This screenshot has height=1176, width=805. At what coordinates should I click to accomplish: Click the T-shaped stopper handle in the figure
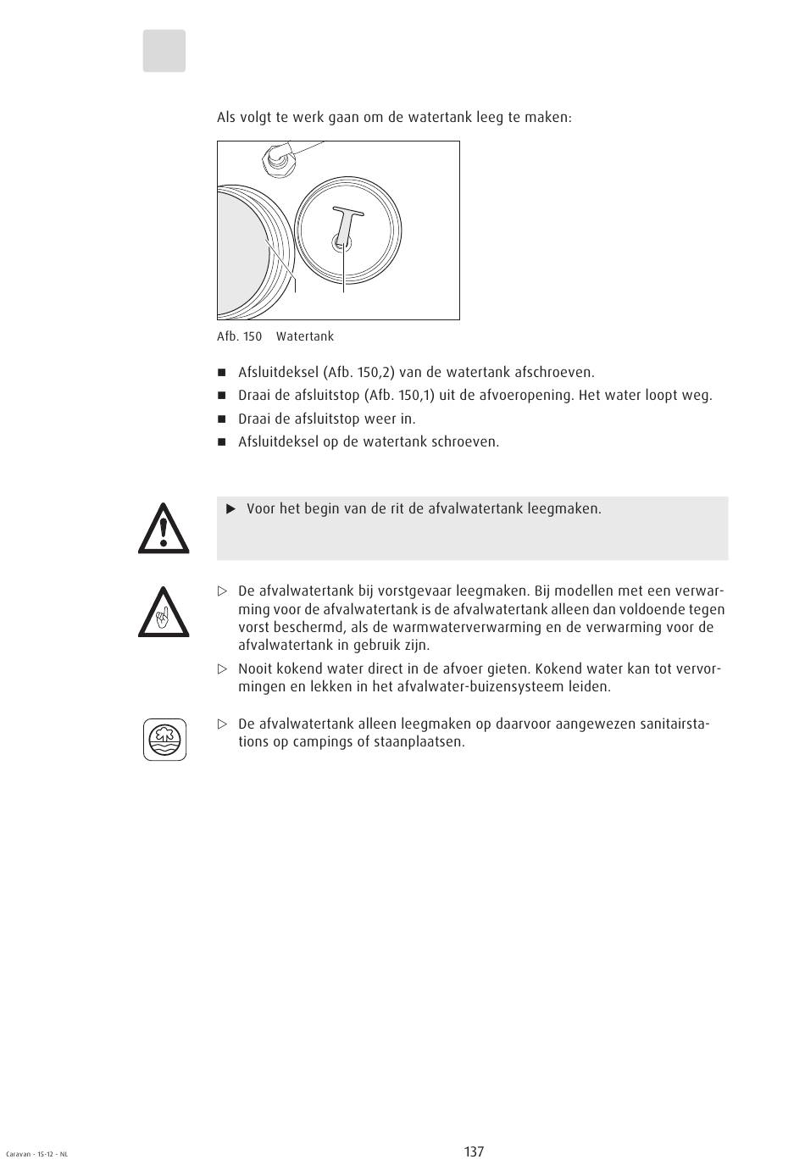[x=346, y=220]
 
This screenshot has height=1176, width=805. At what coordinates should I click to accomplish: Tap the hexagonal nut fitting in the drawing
[x=278, y=157]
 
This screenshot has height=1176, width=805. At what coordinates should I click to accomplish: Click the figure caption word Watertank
[x=305, y=336]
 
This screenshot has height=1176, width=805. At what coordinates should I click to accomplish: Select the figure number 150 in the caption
[x=253, y=336]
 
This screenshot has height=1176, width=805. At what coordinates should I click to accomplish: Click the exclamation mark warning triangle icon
[x=164, y=529]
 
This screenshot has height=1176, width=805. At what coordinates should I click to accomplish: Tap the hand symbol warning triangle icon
[x=164, y=613]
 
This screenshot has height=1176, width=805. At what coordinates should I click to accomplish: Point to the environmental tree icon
[x=164, y=739]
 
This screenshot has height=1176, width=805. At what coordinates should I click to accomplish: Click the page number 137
[x=474, y=1151]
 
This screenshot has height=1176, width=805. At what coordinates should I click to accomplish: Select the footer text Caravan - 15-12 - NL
[x=36, y=1154]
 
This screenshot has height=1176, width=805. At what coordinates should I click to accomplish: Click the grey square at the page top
[x=164, y=51]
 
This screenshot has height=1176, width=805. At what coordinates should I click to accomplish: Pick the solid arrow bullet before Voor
[x=230, y=509]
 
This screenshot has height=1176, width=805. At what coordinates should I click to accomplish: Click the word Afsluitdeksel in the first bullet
[x=278, y=372]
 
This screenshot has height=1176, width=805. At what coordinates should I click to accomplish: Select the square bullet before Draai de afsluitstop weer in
[x=223, y=419]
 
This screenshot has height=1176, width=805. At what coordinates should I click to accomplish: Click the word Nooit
[x=256, y=668]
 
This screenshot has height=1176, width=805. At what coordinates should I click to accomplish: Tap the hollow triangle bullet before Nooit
[x=223, y=668]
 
